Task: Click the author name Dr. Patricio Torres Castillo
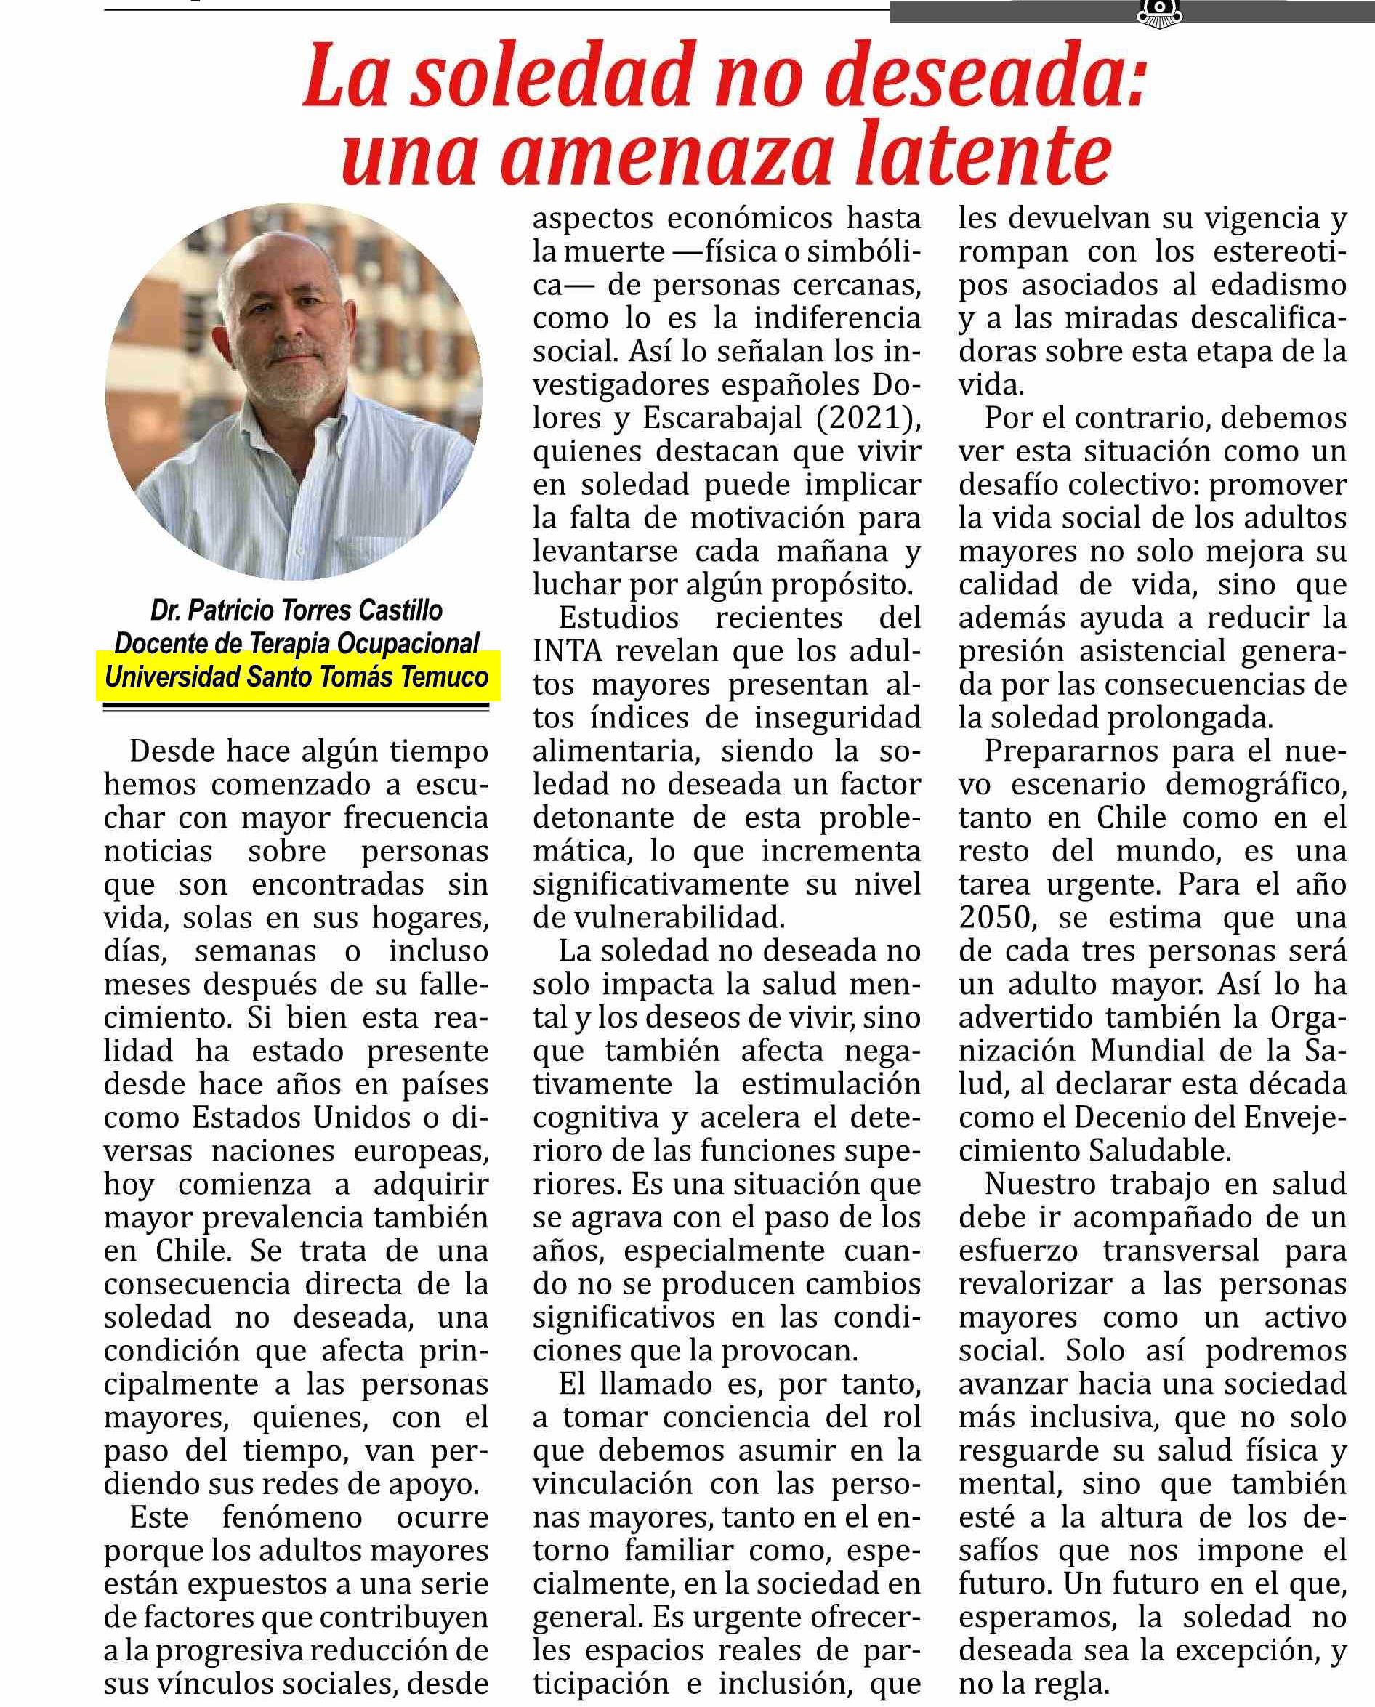[x=297, y=610]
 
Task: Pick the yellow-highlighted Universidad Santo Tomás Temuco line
[x=297, y=677]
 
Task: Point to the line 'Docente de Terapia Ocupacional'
[x=297, y=644]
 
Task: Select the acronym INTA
[x=568, y=651]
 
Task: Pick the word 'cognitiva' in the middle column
[x=596, y=1117]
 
